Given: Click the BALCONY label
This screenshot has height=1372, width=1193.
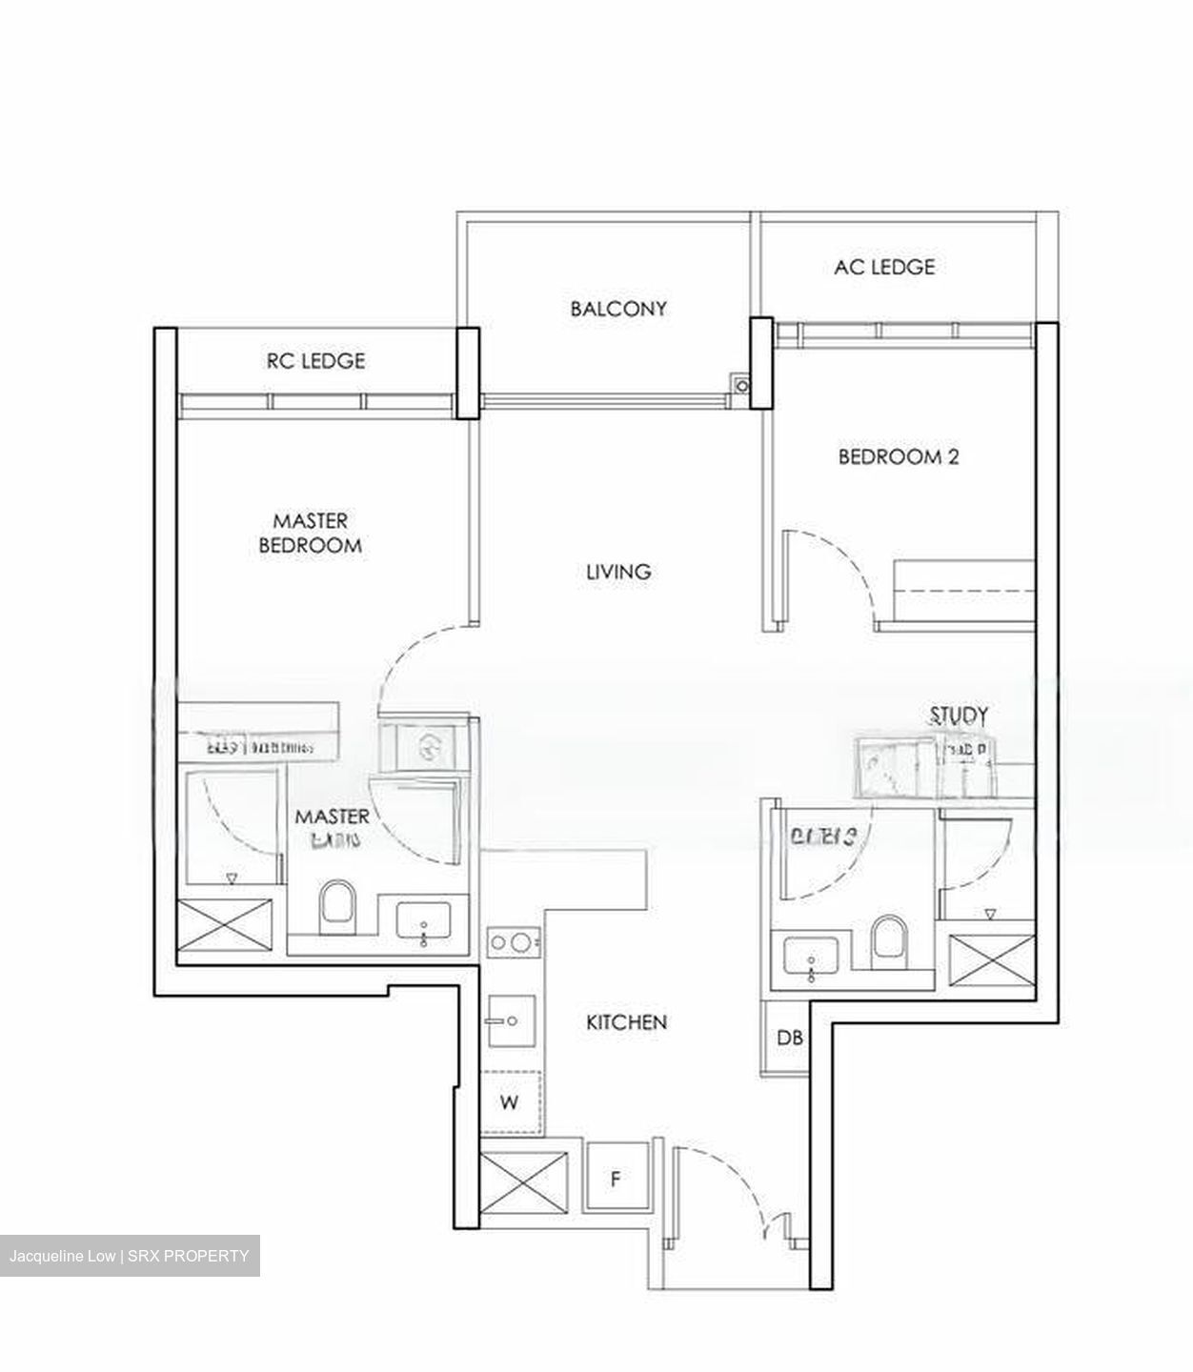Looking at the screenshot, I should point(618,309).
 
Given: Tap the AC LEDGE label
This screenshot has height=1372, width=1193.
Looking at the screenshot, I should point(884,267).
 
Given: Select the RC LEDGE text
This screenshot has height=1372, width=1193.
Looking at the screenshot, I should point(315,361).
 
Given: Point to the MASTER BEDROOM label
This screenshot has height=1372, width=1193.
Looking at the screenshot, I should point(310,534).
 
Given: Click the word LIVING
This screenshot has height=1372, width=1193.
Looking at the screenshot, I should point(618,572).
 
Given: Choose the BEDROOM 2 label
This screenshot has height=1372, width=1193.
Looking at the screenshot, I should point(898,456).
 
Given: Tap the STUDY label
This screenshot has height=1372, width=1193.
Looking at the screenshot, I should point(958,716).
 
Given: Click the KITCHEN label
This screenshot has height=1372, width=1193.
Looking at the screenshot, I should point(626,1022).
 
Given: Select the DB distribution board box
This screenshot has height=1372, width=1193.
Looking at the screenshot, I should point(789,1039).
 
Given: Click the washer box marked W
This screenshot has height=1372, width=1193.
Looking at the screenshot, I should point(511,1102).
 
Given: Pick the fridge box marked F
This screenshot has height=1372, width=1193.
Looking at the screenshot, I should point(616,1180).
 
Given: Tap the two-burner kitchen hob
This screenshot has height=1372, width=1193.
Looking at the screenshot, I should point(512,943).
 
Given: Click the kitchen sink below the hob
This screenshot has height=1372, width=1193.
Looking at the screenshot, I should point(511,1020).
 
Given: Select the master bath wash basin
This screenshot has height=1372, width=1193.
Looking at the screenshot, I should point(423,923).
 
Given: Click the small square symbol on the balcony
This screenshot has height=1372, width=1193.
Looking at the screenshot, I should point(740,384).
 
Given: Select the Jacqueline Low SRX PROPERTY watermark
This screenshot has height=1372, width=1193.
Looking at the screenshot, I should point(129,1256).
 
